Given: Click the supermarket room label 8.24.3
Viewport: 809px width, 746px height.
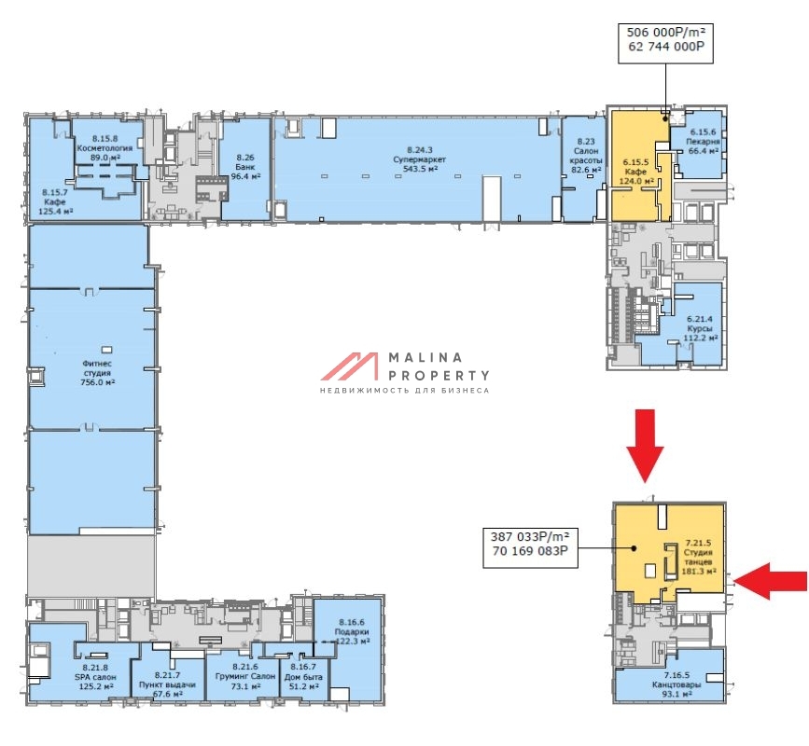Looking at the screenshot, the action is click(420, 159).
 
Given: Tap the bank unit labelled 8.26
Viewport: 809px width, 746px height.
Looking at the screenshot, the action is click(245, 167).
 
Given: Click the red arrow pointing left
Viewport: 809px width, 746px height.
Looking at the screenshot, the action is click(771, 581).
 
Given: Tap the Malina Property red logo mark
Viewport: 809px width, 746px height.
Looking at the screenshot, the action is click(349, 366).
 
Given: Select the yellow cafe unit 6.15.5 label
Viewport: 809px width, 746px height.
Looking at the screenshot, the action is click(636, 172).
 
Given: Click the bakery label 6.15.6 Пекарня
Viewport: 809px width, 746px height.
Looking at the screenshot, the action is click(704, 141).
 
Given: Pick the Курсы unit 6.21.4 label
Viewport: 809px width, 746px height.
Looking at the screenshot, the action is click(700, 328).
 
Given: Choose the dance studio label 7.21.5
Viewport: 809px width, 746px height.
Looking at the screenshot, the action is click(699, 557).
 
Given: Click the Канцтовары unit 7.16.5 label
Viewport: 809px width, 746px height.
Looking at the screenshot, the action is click(676, 684).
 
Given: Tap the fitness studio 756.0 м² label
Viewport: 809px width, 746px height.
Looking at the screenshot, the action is click(97, 373).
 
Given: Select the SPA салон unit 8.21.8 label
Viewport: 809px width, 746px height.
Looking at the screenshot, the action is click(95, 677).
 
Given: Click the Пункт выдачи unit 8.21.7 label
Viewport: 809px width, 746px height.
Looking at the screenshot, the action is click(167, 684).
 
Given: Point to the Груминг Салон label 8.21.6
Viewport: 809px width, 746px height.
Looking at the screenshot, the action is click(244, 676).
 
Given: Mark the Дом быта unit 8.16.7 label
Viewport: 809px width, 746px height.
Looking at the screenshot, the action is click(303, 676).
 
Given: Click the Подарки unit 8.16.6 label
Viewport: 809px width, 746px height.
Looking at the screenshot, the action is click(352, 631).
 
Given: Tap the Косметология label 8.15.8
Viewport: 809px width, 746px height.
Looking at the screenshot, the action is click(105, 148).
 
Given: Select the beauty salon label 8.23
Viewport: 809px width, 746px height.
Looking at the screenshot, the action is click(586, 155).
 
